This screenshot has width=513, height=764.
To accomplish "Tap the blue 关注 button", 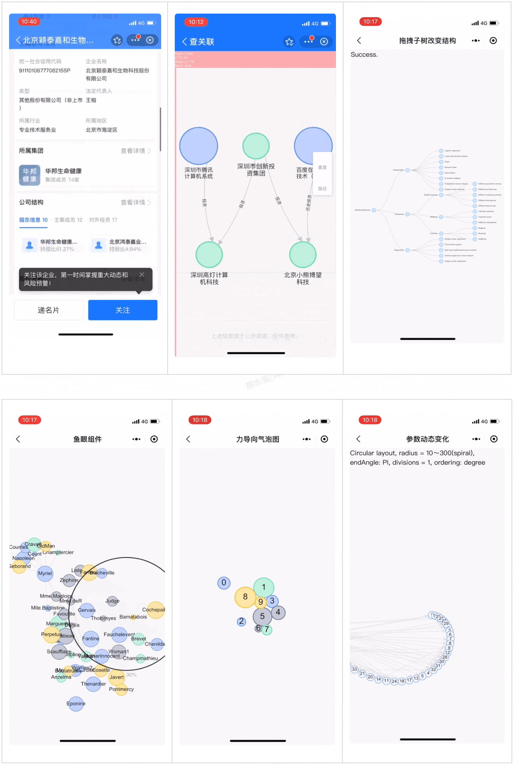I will click(123, 310).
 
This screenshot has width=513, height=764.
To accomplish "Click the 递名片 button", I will click(48, 310).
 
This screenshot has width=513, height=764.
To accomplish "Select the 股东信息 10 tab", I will click(33, 220).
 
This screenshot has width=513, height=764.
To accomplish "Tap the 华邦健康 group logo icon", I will click(30, 175).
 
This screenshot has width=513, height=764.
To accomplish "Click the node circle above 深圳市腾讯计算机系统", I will click(199, 146).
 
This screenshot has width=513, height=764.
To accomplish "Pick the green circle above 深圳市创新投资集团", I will click(256, 146).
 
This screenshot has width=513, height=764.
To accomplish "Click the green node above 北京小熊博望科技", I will click(303, 255).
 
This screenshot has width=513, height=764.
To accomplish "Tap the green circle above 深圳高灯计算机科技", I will click(209, 255).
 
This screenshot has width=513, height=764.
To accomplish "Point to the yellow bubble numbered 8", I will click(245, 597).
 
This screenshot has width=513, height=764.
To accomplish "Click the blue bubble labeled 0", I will click(224, 583).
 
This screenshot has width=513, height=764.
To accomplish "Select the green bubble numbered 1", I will click(264, 587).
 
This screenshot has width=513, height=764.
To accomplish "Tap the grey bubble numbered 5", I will click(262, 616).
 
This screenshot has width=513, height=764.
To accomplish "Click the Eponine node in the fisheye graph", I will click(76, 704).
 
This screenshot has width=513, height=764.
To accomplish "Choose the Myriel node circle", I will click(45, 574).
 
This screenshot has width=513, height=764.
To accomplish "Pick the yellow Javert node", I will click(117, 677).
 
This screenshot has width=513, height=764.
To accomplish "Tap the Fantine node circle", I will click(91, 639).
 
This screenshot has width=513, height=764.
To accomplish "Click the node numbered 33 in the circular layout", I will click(354, 669).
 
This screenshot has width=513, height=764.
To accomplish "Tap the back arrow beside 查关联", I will click(185, 42).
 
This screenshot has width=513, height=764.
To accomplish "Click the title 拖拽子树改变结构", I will click(427, 41).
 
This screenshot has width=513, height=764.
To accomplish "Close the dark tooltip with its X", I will click(142, 275).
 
